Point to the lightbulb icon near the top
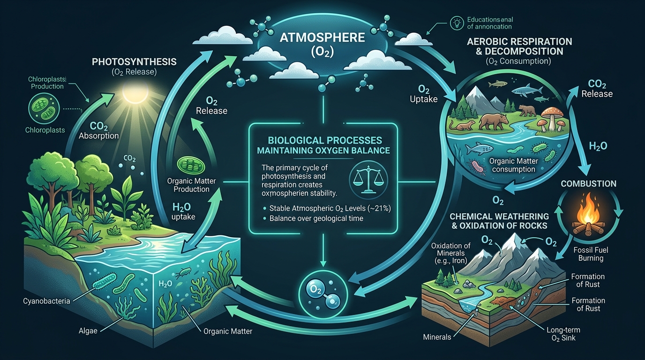click(x=455, y=22)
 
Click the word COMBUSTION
click(x=588, y=184)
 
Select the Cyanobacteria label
click(x=46, y=301)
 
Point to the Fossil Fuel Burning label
click(x=591, y=254)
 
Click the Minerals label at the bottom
click(x=437, y=336)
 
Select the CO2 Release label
click(x=597, y=89)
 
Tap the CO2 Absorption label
click(x=98, y=131)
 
